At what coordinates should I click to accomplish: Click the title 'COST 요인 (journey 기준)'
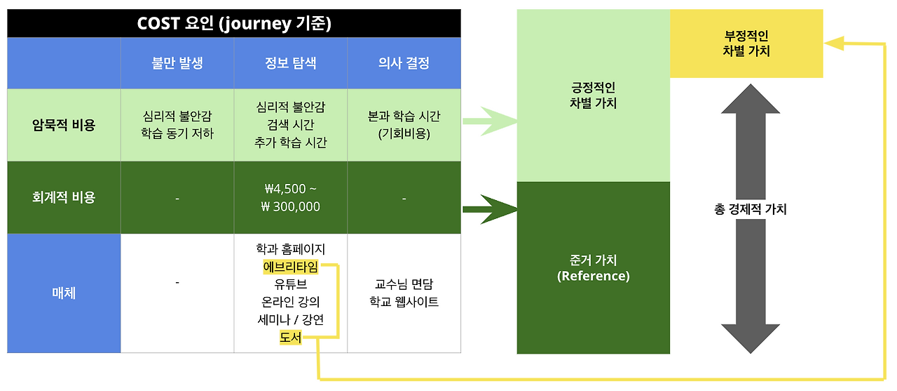pos(234,23)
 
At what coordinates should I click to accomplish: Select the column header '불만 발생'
pos(177,63)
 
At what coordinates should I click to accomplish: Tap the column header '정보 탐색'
pos(290,63)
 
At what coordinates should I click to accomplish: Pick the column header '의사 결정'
pos(404,63)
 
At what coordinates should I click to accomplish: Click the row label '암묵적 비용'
pos(64,126)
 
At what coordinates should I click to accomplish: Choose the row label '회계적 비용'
pos(64,197)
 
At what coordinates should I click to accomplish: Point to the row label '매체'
pos(64,293)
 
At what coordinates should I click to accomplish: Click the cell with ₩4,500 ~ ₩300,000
pos(291,197)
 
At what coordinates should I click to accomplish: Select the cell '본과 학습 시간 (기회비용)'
pos(404,125)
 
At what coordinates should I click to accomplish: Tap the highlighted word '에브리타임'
pos(290,267)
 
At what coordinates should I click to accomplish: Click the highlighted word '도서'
pos(290,338)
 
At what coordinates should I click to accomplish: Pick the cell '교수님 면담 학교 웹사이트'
pos(404,293)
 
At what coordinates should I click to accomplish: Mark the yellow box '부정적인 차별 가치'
pos(746,43)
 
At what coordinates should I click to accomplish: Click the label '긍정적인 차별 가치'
pos(593,95)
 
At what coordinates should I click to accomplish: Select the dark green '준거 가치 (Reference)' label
pos(593,268)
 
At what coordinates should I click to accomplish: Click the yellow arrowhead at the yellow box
pos(833,44)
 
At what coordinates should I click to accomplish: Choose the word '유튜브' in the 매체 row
pos(290,284)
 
